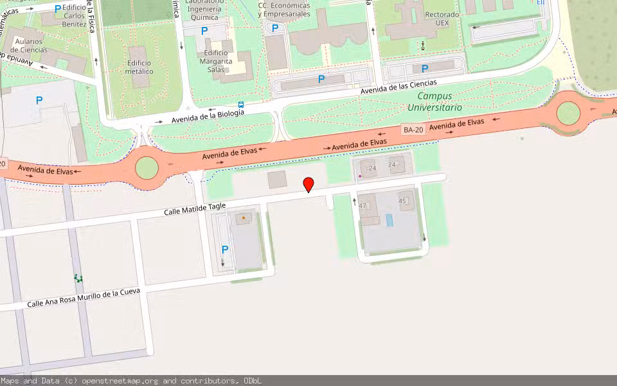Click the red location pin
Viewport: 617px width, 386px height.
coord(308,185)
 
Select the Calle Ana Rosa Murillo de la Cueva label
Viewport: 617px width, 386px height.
coord(83,298)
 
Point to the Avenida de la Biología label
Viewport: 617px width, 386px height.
coord(208,116)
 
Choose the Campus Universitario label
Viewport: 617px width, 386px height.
coord(434,102)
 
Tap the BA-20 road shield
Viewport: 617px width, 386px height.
coord(414,129)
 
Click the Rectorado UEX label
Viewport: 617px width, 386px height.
coord(442,18)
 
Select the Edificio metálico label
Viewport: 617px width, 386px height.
coord(139,67)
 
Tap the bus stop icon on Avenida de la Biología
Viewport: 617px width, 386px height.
coord(241,104)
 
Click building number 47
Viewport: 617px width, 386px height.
coord(362,206)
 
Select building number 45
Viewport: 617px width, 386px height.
coord(403,201)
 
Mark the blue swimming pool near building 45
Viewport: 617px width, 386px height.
coord(389,220)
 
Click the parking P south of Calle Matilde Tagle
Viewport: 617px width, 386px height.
coord(225,250)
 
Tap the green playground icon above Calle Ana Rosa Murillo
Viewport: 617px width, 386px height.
coord(78,279)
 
